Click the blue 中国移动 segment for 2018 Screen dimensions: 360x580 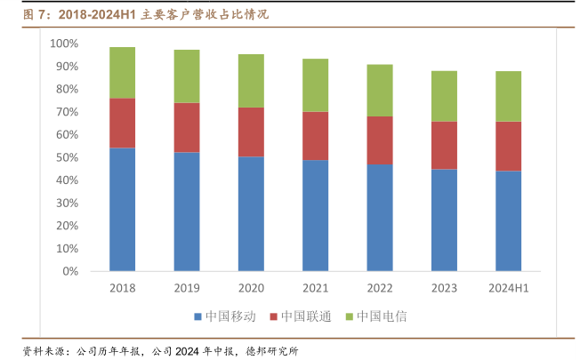[122, 209]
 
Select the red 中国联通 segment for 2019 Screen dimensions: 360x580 [186, 127]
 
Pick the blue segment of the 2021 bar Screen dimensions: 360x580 [315, 215]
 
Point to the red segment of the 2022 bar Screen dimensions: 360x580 [380, 140]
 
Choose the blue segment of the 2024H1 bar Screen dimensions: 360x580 [509, 220]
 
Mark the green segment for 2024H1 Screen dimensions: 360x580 [509, 96]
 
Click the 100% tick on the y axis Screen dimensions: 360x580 [65, 44]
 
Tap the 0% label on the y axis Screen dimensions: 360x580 [70, 271]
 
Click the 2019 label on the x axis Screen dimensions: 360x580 [186, 288]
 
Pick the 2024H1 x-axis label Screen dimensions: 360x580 [509, 288]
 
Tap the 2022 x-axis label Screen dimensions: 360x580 [380, 288]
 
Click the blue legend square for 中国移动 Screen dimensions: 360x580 [197, 317]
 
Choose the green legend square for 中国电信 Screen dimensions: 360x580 [349, 317]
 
